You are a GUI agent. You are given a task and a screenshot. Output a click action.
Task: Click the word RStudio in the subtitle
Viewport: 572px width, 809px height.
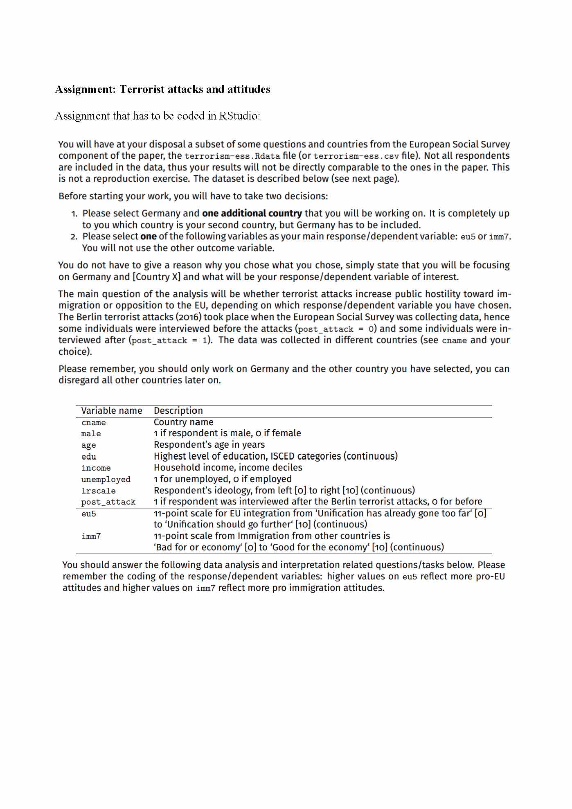point(239,116)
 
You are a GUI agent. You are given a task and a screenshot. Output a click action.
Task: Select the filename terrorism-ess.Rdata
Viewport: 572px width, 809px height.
point(232,156)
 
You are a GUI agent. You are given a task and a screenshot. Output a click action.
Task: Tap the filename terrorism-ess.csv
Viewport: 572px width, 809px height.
point(356,156)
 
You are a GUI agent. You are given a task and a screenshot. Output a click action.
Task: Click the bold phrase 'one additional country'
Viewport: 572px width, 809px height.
point(252,213)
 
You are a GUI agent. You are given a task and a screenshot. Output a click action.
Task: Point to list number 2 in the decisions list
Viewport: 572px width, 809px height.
point(74,237)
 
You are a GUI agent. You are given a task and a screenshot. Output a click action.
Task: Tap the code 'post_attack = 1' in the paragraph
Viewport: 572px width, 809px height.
point(170,340)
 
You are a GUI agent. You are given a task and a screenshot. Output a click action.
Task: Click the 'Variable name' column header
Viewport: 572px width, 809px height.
point(112,411)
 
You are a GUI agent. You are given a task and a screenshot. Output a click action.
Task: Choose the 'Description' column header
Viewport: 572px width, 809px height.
point(178,411)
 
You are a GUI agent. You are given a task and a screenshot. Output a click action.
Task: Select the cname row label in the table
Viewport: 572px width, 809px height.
point(93,423)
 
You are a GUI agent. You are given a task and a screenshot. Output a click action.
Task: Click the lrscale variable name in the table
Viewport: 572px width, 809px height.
point(98,491)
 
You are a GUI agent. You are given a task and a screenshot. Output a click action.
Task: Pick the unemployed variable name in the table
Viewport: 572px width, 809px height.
point(106,480)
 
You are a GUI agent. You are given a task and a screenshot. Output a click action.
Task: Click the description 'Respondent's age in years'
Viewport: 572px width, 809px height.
point(209,445)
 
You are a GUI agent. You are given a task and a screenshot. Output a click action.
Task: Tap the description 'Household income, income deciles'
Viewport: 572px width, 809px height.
point(228,468)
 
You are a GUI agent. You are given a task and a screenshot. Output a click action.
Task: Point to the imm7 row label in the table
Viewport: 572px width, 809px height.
point(91,536)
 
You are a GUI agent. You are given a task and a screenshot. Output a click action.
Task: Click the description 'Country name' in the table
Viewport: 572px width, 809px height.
point(183,422)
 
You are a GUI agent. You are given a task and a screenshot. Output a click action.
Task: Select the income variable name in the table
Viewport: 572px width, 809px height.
point(96,468)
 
